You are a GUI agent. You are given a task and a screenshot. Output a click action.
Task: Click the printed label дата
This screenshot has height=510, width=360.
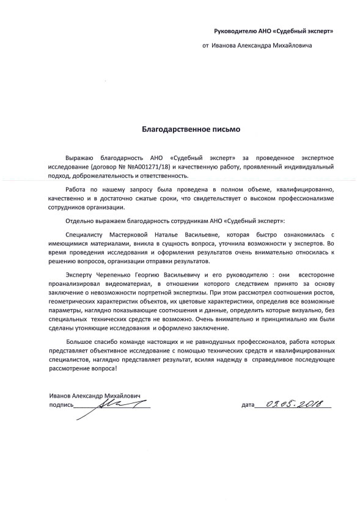(247, 406)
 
